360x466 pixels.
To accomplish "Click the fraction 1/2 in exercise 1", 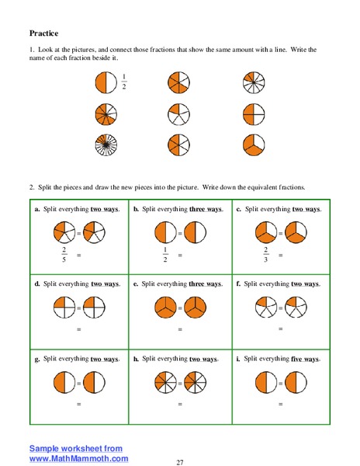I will point(123,82).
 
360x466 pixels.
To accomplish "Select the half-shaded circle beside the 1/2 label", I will point(105,82).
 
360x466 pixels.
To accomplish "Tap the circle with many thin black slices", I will point(105,145).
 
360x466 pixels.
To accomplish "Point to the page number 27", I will point(179,461).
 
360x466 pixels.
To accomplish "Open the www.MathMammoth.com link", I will point(78,458).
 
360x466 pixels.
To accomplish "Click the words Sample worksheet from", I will point(75,448).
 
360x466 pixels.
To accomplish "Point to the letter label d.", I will point(36,283).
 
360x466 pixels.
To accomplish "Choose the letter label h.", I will point(136,359).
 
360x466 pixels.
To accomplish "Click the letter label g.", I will point(36,359).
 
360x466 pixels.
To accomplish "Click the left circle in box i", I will point(265,383).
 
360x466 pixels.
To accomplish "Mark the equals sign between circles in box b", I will point(180,233).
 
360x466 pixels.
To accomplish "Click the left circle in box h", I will point(164,383).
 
